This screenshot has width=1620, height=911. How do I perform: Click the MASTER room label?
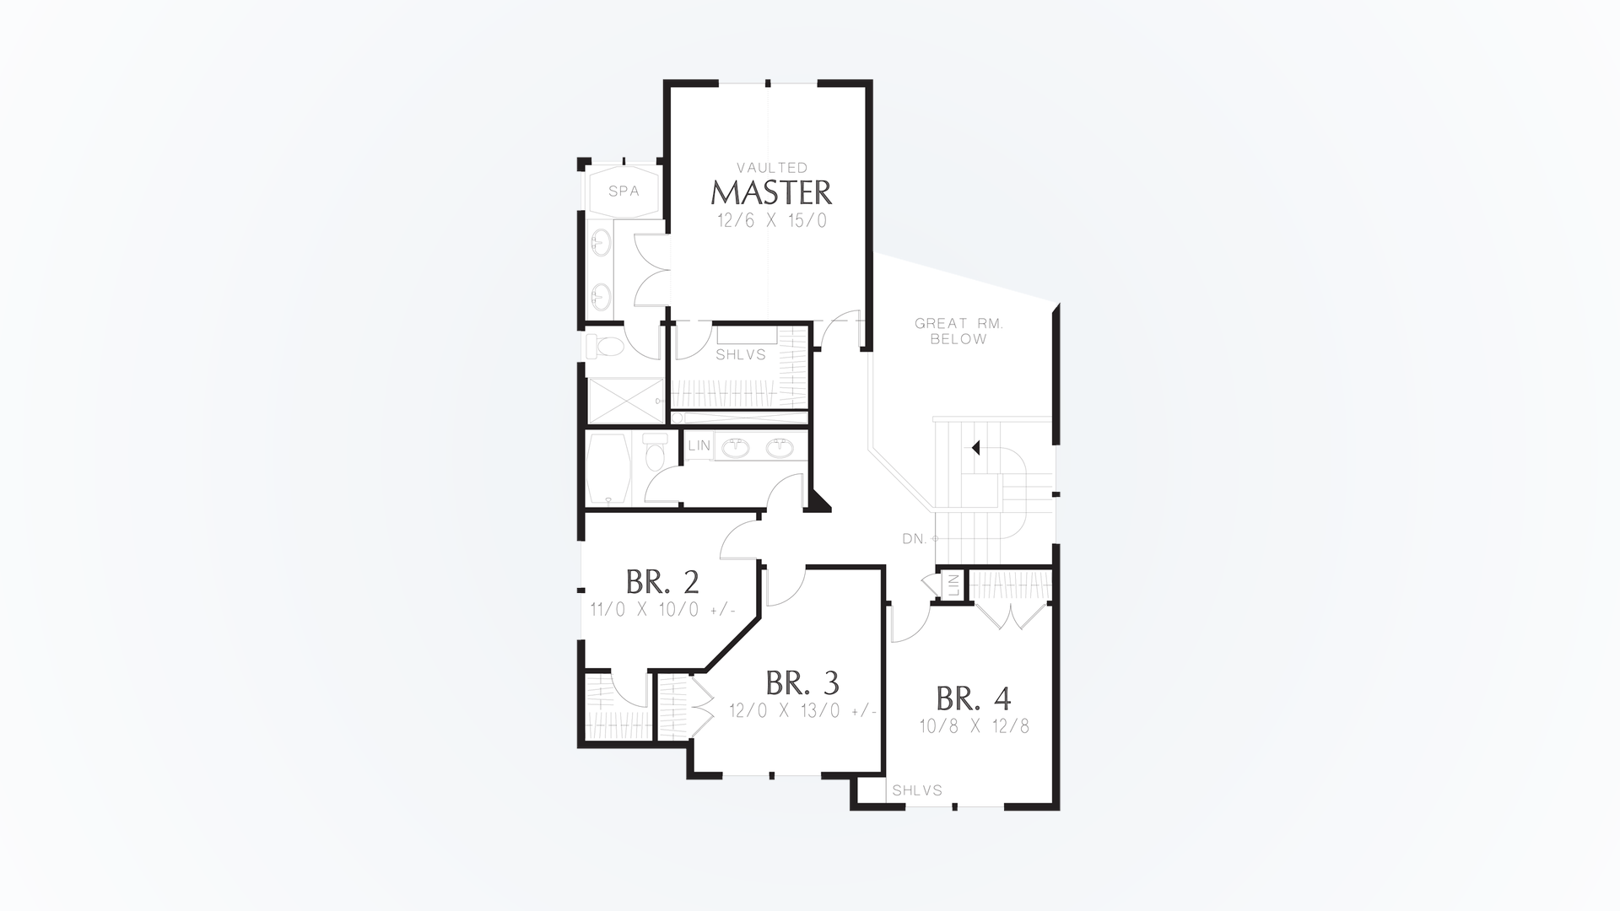[x=771, y=193]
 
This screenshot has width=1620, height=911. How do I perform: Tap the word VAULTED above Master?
[x=771, y=168]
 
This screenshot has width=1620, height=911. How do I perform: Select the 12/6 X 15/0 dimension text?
[x=771, y=222]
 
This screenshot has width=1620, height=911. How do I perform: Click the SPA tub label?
[x=624, y=191]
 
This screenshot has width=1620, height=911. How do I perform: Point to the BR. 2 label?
[x=662, y=582]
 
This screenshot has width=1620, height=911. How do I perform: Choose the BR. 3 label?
[x=802, y=682]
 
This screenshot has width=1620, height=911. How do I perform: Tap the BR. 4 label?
[x=974, y=698]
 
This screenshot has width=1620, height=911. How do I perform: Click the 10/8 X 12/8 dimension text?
[x=975, y=726]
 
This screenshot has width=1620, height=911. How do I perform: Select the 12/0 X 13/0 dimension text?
[x=802, y=711]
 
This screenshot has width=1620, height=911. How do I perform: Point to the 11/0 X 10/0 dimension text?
[x=662, y=610]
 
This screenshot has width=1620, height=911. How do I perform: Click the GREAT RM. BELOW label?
[x=958, y=332]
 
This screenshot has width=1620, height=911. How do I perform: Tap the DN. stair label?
[x=915, y=539]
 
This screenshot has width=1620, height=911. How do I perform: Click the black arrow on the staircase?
[x=976, y=448]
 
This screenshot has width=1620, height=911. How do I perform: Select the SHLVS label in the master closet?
[x=741, y=355]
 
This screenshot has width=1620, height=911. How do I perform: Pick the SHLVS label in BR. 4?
[x=917, y=791]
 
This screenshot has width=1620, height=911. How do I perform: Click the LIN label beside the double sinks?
[x=699, y=445]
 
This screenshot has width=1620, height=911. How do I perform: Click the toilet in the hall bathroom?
[x=654, y=453]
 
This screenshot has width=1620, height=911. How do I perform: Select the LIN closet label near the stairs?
[x=953, y=585]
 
